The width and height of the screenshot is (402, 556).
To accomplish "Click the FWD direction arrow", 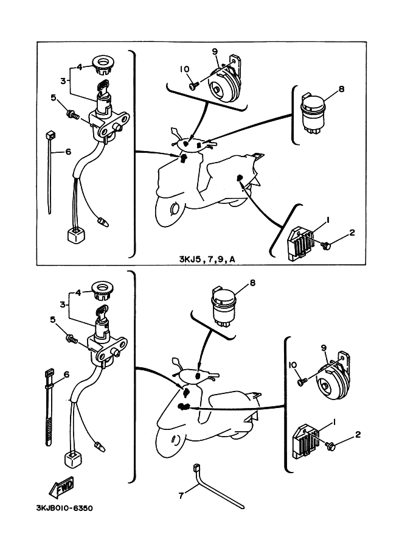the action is [x=61, y=487].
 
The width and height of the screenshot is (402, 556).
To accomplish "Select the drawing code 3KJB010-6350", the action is [x=65, y=508].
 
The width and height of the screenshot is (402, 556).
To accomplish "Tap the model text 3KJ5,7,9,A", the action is [x=207, y=259].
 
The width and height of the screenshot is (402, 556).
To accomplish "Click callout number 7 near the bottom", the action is [x=181, y=495].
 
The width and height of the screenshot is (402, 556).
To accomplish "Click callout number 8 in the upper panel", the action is [x=341, y=89].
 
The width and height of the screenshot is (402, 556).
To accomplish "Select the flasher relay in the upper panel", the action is [x=313, y=114].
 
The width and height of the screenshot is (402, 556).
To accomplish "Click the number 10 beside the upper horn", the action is [x=184, y=69].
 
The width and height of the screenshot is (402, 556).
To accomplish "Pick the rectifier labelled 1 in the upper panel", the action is [x=301, y=244].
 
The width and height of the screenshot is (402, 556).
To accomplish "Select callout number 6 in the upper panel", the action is [x=68, y=152].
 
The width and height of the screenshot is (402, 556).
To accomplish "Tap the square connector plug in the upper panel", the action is [x=77, y=235].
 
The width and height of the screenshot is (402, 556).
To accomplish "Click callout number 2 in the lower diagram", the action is [x=358, y=434].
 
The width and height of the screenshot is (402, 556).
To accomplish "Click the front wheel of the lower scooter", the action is [x=173, y=438].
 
